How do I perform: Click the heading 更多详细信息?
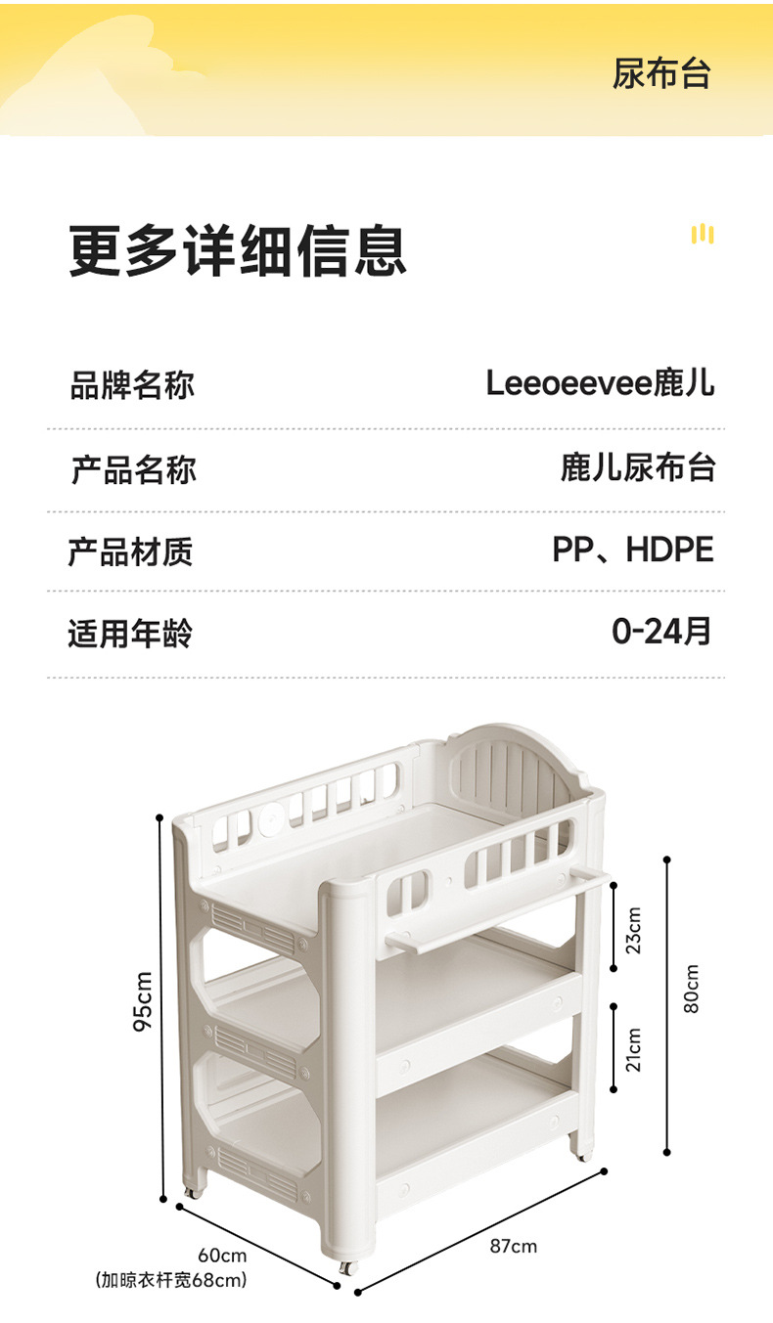[x=237, y=250]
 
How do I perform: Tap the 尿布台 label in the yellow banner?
[x=661, y=74]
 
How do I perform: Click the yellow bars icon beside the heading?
[x=702, y=234]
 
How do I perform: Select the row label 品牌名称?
[x=132, y=384]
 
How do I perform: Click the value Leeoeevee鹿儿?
[x=600, y=383]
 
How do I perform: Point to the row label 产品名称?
[x=132, y=469]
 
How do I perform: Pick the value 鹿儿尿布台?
[x=638, y=467]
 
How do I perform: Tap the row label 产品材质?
[x=130, y=551]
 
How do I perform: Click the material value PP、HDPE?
[x=633, y=550]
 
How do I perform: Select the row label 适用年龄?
[x=130, y=634]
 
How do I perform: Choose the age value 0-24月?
[x=661, y=632]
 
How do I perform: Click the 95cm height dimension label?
[x=143, y=1000]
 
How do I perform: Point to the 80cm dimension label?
[x=692, y=988]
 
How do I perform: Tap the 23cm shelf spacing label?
[x=634, y=930]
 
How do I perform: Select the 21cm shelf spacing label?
[x=634, y=1048]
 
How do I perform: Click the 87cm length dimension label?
[x=513, y=1246]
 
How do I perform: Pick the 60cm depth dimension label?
[x=222, y=1256]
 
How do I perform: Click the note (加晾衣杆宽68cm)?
[x=171, y=1279]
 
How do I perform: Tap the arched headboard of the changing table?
[x=514, y=772]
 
